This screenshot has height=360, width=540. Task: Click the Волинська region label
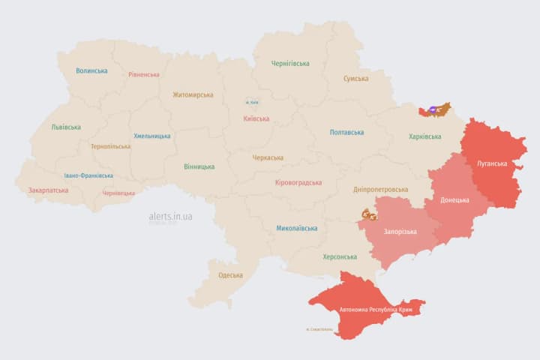tap(91, 71)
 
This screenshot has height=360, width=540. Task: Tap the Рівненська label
tap(144, 75)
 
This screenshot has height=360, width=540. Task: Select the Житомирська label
tap(193, 95)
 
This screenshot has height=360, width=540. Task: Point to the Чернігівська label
tap(290, 64)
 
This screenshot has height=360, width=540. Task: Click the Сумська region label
tap(355, 79)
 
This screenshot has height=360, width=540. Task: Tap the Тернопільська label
tap(110, 147)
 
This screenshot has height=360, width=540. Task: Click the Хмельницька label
tap(151, 136)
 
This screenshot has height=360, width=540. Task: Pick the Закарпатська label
tap(48, 190)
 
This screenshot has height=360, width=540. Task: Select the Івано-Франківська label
tap(88, 175)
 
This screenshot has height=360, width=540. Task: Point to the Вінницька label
tap(199, 166)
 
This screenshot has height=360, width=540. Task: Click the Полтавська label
tap(346, 133)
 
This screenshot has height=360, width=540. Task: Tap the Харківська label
tap(425, 136)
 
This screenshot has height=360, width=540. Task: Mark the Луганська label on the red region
tap(492, 163)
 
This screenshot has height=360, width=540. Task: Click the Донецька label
tap(454, 200)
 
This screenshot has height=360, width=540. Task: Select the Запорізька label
tap(400, 232)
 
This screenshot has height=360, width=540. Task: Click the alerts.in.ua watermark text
tap(170, 216)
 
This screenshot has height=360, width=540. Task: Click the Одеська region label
tap(230, 275)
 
